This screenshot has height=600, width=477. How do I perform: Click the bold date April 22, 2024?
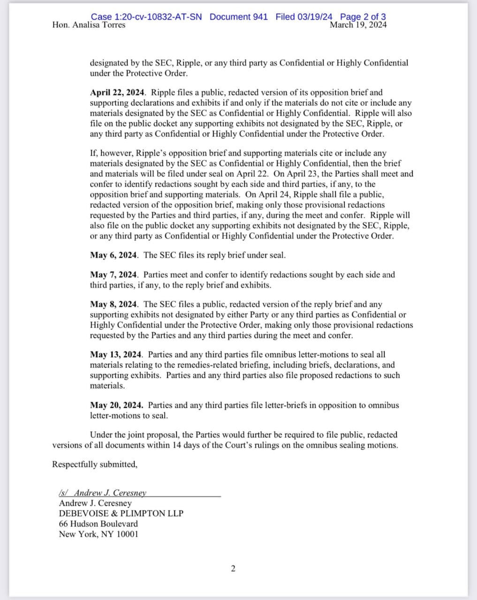[113, 93]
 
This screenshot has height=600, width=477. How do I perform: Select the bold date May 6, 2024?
[114, 255]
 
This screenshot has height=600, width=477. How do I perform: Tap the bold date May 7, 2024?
[114, 275]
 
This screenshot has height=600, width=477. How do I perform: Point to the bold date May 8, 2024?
[114, 304]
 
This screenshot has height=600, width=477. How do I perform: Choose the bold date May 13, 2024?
[116, 355]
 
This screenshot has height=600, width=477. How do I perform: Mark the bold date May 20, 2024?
[116, 405]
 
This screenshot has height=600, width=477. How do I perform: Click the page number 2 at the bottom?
[233, 569]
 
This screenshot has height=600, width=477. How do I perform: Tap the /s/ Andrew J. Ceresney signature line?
[103, 493]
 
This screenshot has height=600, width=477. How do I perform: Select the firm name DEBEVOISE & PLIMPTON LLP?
[121, 513]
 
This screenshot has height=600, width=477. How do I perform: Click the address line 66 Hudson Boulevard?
[98, 524]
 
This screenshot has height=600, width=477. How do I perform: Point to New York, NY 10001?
[98, 534]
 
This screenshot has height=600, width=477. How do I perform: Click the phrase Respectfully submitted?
[95, 465]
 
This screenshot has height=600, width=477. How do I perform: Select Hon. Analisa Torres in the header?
[89, 25]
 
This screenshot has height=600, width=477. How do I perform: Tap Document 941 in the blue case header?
[239, 17]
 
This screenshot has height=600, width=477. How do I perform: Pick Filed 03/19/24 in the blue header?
[304, 17]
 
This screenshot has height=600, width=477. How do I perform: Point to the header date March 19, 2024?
[358, 25]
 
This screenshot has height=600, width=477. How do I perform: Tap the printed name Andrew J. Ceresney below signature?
[95, 503]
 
